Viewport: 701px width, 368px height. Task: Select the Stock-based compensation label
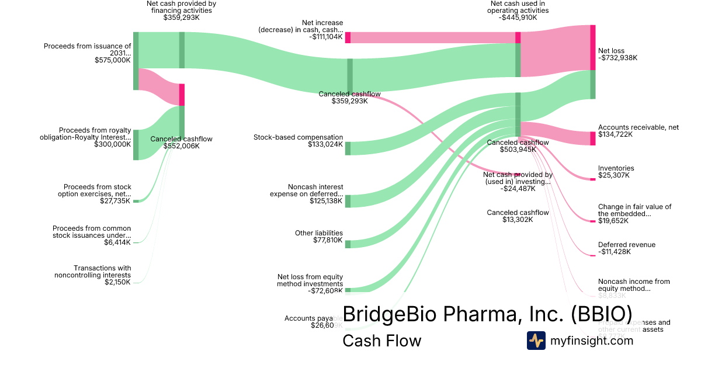(x=298, y=137)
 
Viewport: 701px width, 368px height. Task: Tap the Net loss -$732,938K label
(x=617, y=54)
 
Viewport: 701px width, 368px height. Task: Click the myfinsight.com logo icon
(x=536, y=341)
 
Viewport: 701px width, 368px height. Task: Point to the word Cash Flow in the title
(x=381, y=341)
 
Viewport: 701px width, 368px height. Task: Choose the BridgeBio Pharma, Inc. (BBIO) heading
(x=487, y=313)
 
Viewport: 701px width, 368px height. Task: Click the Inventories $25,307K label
(x=616, y=172)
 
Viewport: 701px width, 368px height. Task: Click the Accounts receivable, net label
(x=638, y=127)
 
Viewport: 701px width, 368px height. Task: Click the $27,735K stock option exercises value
(x=115, y=201)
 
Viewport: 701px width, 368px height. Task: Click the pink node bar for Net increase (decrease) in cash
(x=348, y=37)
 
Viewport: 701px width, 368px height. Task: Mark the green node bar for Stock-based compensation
(x=348, y=148)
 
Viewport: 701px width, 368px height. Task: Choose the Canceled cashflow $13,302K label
(x=518, y=216)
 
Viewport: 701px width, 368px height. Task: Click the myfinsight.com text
(x=591, y=341)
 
